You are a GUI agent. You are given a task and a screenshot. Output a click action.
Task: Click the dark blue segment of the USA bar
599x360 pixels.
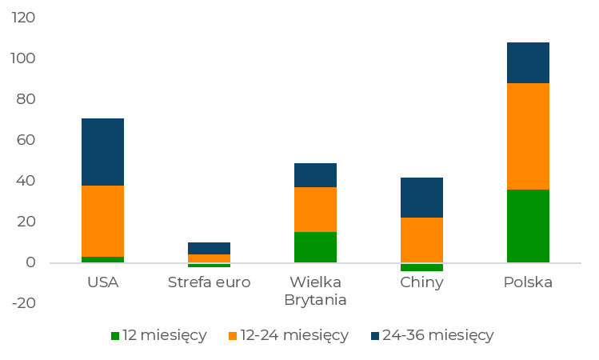coord(102,152)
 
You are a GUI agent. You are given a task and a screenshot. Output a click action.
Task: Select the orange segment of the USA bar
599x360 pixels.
coord(102,221)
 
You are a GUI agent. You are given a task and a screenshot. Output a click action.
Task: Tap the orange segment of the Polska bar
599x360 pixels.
coord(528,136)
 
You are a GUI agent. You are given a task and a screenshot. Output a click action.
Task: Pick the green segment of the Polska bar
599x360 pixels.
coord(528,226)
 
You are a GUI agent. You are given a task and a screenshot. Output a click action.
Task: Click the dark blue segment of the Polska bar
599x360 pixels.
coord(528,62)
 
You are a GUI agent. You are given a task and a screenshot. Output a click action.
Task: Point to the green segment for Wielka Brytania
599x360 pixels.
coord(315,247)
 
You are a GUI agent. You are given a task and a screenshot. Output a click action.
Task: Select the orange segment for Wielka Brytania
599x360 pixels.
coord(315,210)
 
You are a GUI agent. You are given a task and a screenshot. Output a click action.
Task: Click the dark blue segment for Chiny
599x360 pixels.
coord(421,198)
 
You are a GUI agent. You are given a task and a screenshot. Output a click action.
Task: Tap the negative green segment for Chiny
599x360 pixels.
coord(421,267)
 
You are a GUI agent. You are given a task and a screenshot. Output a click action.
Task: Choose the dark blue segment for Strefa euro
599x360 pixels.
coord(209,248)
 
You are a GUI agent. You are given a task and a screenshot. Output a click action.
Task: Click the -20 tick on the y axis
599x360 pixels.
coord(24,303)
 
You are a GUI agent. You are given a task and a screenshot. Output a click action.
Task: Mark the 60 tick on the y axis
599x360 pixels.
coord(26,140)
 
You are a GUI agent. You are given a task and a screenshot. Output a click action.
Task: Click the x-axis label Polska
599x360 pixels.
coord(528,282)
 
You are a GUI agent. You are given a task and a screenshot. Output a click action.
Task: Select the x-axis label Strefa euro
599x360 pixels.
coord(209,282)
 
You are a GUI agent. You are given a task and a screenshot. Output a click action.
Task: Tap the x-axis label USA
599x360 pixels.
coord(102,282)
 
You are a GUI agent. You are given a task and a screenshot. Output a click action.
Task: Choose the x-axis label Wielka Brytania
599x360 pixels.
coord(315,291)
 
